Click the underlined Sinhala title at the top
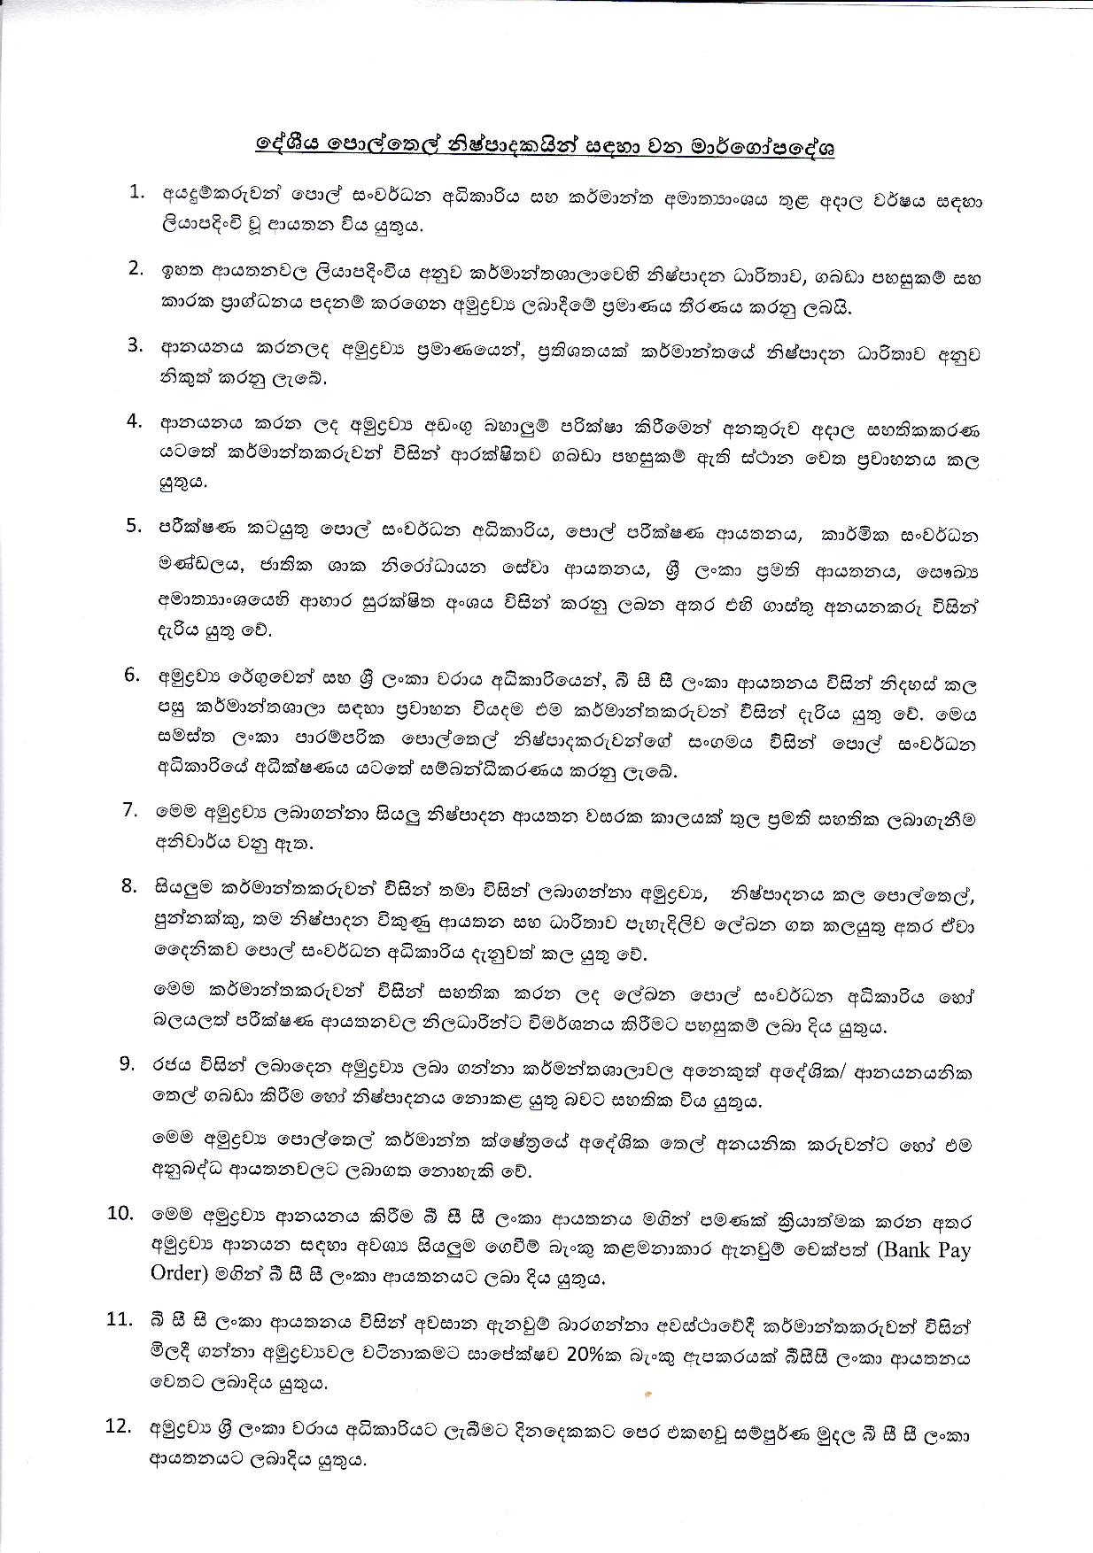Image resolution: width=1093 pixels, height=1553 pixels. coord(546,147)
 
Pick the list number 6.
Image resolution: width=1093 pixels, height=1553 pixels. coord(133,675)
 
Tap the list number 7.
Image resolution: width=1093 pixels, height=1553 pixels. coord(133,809)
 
